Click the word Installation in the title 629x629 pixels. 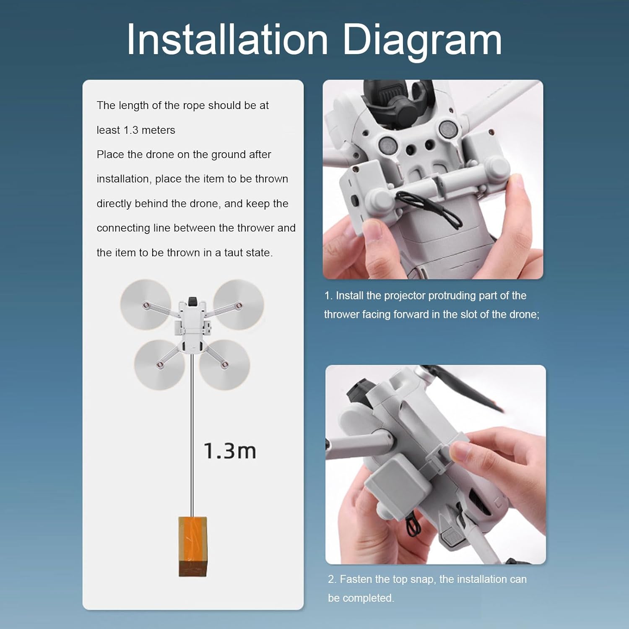pyautogui.click(x=227, y=39)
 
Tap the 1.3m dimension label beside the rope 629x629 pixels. pyautogui.click(x=230, y=451)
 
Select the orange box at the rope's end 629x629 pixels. pyautogui.click(x=192, y=546)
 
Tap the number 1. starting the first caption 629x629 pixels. pyautogui.click(x=328, y=296)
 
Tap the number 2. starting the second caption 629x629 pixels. pyautogui.click(x=332, y=579)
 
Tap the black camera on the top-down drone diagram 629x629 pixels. pyautogui.click(x=192, y=301)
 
